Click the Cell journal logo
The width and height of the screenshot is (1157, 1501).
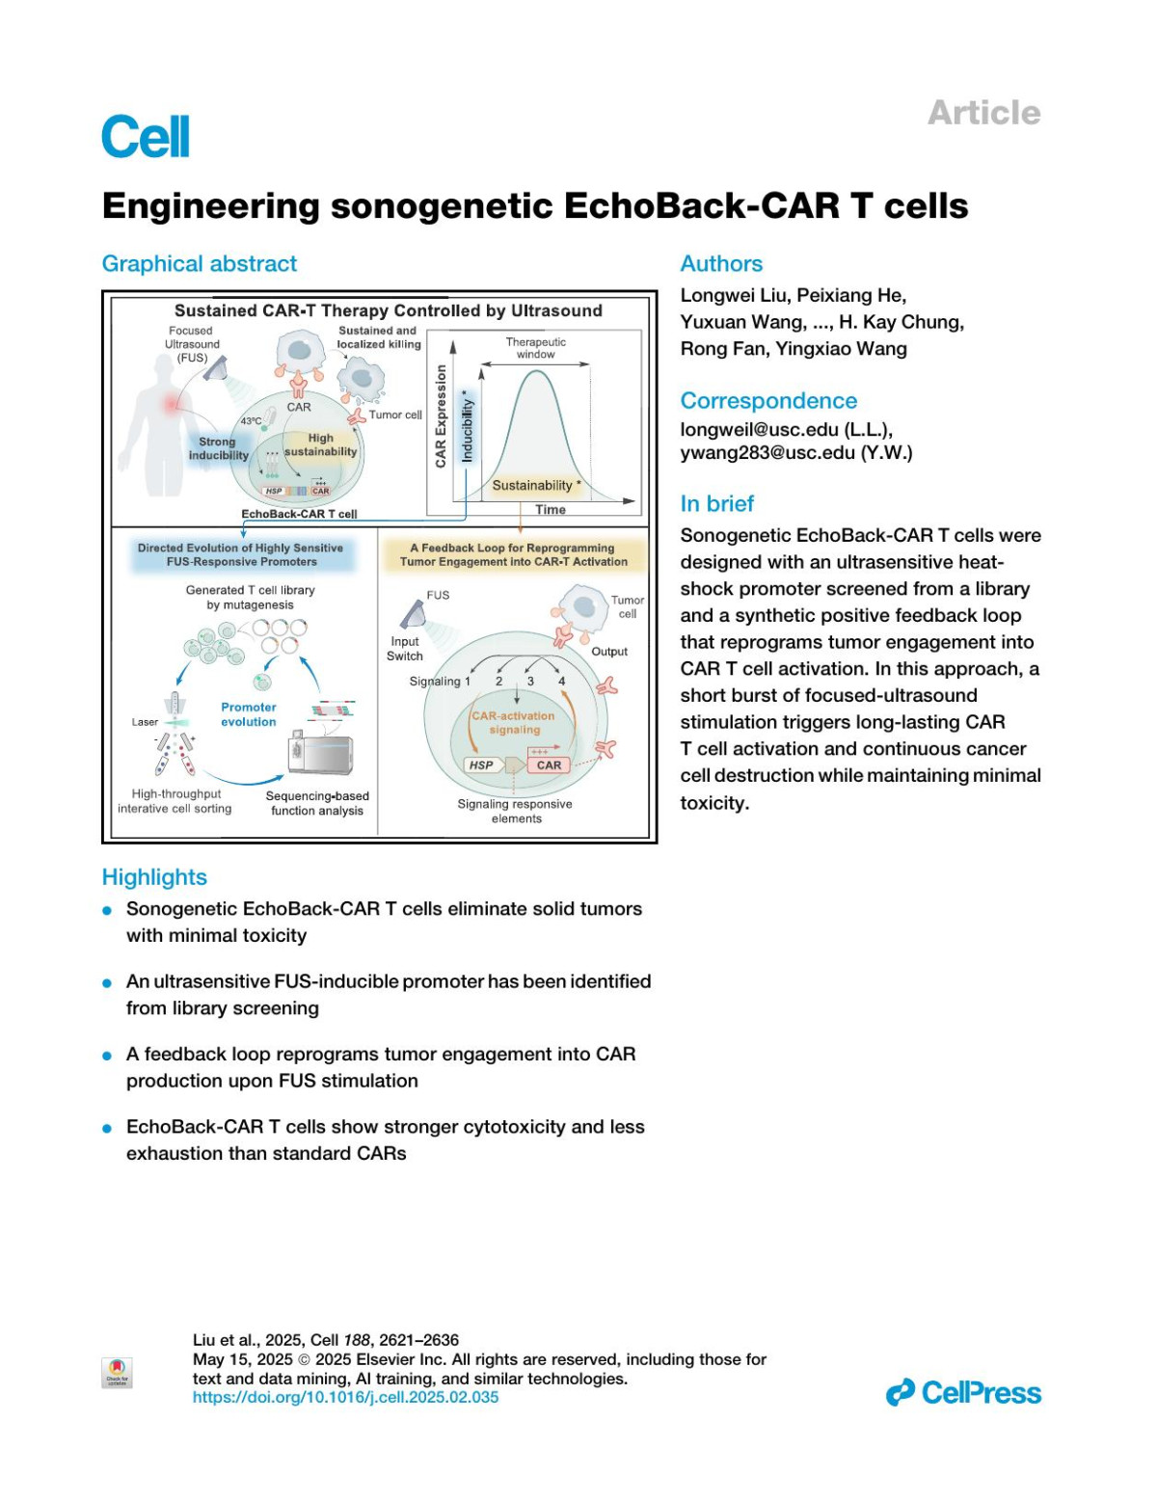[x=146, y=137]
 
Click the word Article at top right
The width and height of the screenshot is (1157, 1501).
[x=983, y=113]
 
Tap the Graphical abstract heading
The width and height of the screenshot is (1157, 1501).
[x=200, y=264]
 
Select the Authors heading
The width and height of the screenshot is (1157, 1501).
[x=721, y=264]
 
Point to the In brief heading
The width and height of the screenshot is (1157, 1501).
[x=717, y=503]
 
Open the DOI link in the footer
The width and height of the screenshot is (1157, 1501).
[x=345, y=1397]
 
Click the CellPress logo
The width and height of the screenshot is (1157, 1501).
[x=963, y=1392]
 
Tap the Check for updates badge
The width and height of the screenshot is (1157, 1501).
[x=117, y=1372]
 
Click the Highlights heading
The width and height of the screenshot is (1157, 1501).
[x=154, y=877]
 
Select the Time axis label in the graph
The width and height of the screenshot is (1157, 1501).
[x=551, y=509]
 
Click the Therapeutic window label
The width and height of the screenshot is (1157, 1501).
[x=536, y=348]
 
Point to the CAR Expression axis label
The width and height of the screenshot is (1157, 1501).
[x=441, y=416]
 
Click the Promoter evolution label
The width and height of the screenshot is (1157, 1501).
[x=249, y=714]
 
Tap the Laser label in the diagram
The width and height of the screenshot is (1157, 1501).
[x=145, y=721]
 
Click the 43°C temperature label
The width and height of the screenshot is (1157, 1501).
[x=251, y=421]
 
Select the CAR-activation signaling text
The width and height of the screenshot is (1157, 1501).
[x=513, y=723]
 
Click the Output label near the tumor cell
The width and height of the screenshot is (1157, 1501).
[x=609, y=652]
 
